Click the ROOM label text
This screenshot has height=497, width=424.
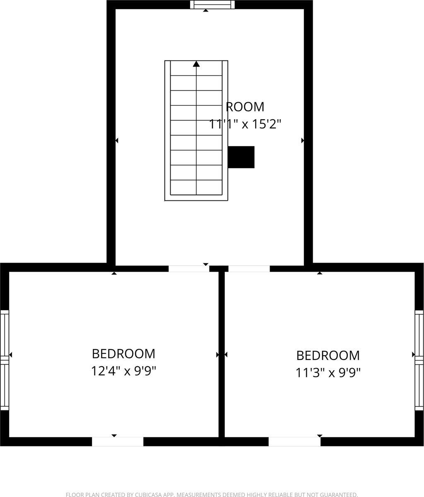(x=245, y=107)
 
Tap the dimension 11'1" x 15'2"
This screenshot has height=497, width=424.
(x=245, y=124)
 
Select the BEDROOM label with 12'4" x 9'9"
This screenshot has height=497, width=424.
(x=123, y=354)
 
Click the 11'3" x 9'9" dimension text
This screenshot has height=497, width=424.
(x=328, y=373)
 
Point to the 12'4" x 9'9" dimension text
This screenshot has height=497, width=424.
(x=123, y=371)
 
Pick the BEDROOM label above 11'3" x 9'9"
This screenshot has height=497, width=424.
(x=328, y=356)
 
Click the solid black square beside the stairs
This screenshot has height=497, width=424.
(x=241, y=157)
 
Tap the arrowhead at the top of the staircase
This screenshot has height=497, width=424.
(x=196, y=64)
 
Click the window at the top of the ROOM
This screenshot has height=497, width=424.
(x=212, y=5)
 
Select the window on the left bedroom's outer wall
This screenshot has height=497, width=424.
(x=5, y=360)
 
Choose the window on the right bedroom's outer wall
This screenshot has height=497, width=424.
(x=419, y=360)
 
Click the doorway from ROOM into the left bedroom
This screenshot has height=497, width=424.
(x=189, y=268)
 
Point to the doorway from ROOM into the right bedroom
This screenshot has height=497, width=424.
(x=249, y=268)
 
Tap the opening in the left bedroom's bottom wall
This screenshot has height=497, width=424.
(x=118, y=442)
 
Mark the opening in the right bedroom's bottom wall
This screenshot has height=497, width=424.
(x=294, y=442)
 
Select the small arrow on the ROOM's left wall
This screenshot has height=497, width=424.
(x=117, y=140)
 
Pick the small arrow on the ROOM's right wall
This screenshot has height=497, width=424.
(x=303, y=140)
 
